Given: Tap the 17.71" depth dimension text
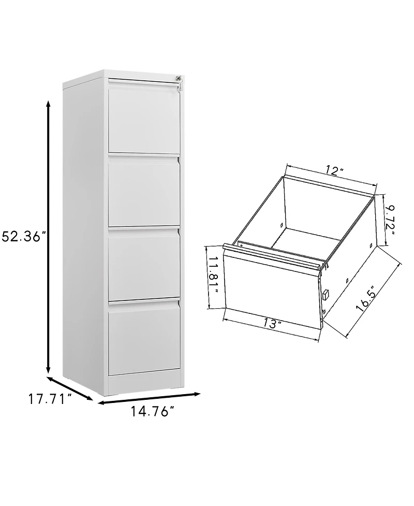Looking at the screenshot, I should (x=49, y=399).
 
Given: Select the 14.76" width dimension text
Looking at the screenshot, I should (x=153, y=413).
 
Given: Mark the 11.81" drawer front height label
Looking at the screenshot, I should (x=213, y=277).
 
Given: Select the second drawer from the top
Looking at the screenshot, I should (x=144, y=192).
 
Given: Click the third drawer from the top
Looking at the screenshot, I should (x=144, y=267).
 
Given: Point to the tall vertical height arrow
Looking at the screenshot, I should (x=49, y=237).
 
